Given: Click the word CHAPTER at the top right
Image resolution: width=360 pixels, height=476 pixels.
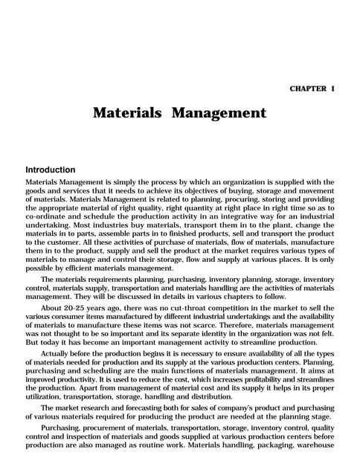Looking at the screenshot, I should click(x=307, y=89).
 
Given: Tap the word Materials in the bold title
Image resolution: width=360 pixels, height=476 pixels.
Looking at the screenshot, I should click(x=127, y=113).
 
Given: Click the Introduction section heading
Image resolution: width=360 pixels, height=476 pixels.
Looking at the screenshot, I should click(x=51, y=170).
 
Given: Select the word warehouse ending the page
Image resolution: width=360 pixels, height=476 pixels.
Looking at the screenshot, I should click(x=315, y=444).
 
